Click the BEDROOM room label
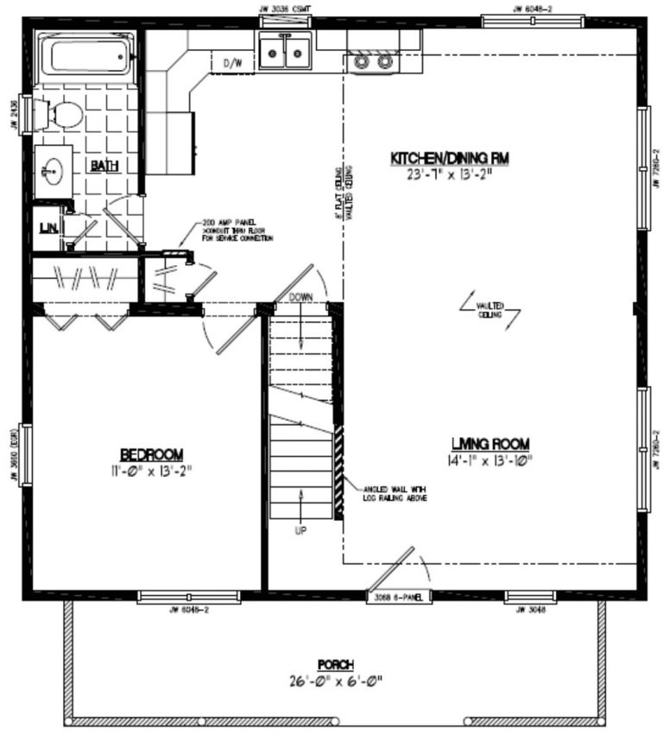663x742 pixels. [x=151, y=454]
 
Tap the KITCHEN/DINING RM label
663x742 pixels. [x=449, y=158]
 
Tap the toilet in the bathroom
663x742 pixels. [x=64, y=113]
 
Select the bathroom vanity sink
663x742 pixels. [x=54, y=167]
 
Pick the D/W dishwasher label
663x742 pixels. [x=232, y=64]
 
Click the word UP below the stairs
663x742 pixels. [x=300, y=530]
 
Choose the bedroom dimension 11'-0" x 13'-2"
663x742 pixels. [x=151, y=470]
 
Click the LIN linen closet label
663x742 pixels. [x=47, y=228]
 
